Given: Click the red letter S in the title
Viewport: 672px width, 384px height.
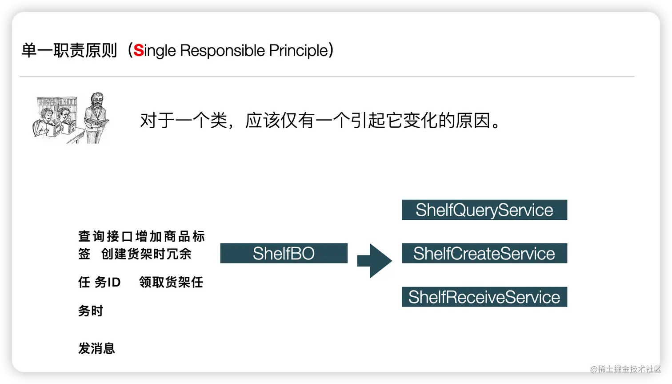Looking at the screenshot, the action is pyautogui.click(x=138, y=50).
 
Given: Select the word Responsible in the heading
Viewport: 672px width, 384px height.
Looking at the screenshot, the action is pyautogui.click(x=222, y=50).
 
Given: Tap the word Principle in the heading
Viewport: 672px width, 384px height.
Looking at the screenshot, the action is pyautogui.click(x=299, y=50).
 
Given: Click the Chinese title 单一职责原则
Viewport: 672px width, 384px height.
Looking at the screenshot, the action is pyautogui.click(x=69, y=50).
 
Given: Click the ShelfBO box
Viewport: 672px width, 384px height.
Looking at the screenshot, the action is pyautogui.click(x=284, y=253).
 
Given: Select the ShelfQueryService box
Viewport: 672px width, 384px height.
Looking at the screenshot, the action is pyautogui.click(x=484, y=210).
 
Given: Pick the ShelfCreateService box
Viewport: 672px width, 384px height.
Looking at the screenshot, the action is pyautogui.click(x=484, y=253).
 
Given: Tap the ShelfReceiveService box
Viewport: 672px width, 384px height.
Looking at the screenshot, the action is pyautogui.click(x=484, y=297).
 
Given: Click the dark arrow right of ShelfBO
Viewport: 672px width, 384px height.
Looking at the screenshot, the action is pyautogui.click(x=374, y=261).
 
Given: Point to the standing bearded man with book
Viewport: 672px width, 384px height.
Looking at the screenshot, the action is pyautogui.click(x=96, y=118).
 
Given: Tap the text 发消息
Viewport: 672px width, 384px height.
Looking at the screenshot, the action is pyautogui.click(x=96, y=348).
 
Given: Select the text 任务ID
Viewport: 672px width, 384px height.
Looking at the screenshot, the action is pyautogui.click(x=99, y=282).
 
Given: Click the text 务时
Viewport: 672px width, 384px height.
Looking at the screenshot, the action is pyautogui.click(x=91, y=311).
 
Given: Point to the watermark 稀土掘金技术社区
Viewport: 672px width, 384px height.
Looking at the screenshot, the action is pyautogui.click(x=626, y=369).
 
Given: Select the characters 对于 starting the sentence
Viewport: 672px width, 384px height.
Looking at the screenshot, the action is pyautogui.click(x=157, y=121).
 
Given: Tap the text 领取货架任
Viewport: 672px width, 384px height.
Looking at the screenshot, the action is pyautogui.click(x=171, y=282).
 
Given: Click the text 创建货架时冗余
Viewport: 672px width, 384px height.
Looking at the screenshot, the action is pyautogui.click(x=146, y=254).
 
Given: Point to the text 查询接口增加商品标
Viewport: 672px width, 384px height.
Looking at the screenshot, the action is pyautogui.click(x=142, y=236).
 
